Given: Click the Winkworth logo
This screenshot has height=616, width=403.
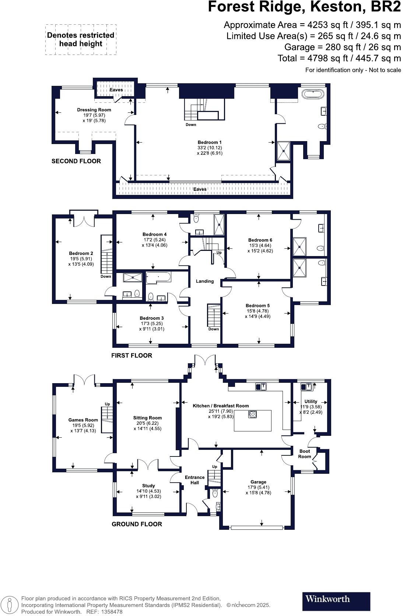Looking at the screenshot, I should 336,601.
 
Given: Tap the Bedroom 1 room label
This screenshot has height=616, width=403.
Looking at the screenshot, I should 210,142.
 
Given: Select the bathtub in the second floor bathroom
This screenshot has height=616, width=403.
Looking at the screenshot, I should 313,93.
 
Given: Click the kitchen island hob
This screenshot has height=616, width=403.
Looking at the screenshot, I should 253,414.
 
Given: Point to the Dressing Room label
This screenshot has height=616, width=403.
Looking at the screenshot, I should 94,110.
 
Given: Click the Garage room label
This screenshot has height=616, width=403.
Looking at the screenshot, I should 258,482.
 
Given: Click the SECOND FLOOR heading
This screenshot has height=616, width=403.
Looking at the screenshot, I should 76,161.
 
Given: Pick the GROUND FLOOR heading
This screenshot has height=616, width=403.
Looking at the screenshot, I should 137,524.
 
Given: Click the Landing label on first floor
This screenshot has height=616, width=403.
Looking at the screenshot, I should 205,281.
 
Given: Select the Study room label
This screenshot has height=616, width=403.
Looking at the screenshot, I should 148,486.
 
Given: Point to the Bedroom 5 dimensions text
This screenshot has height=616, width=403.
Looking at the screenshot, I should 257,314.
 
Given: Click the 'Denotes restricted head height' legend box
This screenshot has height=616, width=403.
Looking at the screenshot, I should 81,40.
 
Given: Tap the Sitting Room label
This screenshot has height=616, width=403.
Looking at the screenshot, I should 147,418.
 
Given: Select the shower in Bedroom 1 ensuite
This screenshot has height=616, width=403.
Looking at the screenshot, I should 284,151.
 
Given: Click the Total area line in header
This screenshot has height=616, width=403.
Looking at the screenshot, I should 339,58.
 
